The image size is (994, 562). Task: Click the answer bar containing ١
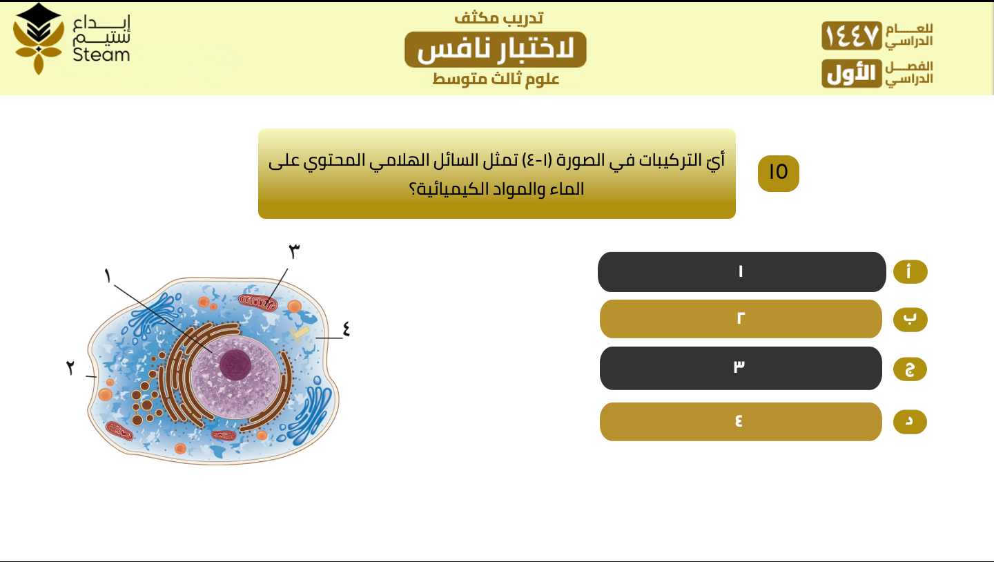[741, 271]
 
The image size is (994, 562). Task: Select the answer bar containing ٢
[741, 319]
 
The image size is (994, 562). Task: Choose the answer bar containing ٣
[741, 368]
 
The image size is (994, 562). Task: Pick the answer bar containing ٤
[741, 421]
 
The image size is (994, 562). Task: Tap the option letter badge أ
[910, 271]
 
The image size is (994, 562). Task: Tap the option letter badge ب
[910, 320]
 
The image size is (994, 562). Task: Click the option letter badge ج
[910, 369]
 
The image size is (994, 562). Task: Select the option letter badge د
[910, 422]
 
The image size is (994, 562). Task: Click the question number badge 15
[779, 173]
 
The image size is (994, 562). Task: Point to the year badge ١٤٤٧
[852, 35]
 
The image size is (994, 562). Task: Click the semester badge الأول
[852, 73]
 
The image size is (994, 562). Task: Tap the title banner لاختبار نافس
[495, 49]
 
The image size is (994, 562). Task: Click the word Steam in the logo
[101, 55]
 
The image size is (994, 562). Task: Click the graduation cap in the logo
[39, 21]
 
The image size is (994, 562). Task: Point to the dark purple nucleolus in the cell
[235, 365]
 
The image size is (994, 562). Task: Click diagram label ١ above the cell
[108, 275]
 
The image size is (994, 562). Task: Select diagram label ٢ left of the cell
[70, 367]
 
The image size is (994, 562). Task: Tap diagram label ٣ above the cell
[294, 251]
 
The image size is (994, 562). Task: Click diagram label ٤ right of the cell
[346, 329]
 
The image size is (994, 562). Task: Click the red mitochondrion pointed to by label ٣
[258, 303]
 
